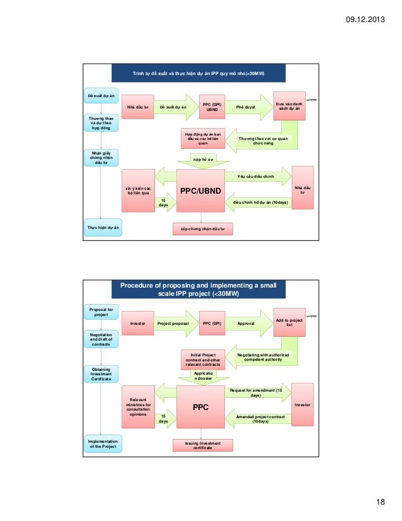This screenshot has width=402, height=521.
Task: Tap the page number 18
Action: tap(379, 501)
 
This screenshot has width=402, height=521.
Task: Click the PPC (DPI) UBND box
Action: tap(212, 108)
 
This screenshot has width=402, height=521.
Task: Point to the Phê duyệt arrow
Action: tap(247, 108)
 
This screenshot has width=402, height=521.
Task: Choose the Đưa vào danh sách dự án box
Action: tap(289, 107)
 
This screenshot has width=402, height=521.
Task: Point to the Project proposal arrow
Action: tap(174, 323)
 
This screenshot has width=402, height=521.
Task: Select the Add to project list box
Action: tap(289, 322)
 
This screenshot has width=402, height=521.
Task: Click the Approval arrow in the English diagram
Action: tap(247, 323)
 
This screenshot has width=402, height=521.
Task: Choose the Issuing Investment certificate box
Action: tap(202, 445)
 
